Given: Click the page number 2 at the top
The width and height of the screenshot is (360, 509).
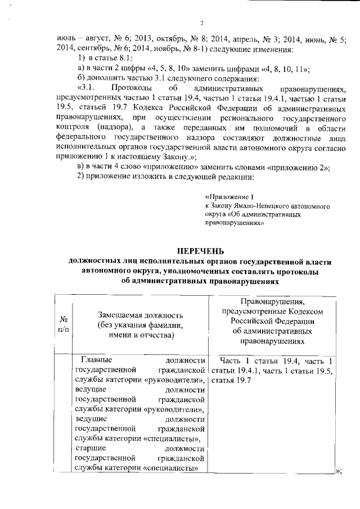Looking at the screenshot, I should click(x=201, y=23).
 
